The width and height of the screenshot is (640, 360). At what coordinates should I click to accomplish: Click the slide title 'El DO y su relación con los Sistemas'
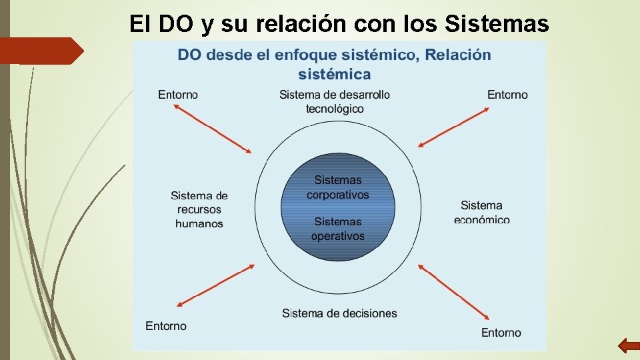(x=339, y=24)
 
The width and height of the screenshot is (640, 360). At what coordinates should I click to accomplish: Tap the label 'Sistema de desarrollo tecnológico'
(x=335, y=101)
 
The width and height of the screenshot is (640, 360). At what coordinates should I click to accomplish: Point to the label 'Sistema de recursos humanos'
(x=199, y=209)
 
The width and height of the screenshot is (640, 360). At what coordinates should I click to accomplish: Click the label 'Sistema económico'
(x=482, y=212)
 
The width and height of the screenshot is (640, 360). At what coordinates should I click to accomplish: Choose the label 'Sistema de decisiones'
(x=339, y=313)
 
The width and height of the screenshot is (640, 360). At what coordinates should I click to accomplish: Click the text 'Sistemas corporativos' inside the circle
(x=337, y=187)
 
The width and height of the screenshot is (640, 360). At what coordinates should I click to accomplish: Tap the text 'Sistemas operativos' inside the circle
(x=337, y=229)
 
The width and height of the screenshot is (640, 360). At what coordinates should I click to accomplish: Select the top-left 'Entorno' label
(x=178, y=95)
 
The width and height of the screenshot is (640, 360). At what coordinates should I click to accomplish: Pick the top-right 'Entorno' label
(x=507, y=95)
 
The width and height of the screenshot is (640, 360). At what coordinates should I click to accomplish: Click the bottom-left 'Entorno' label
(x=166, y=326)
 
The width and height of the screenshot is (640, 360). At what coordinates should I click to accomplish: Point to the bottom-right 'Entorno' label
(x=501, y=332)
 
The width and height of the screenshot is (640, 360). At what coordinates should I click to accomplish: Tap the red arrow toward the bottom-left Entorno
(x=215, y=286)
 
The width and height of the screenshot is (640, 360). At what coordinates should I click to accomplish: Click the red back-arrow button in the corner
(x=629, y=345)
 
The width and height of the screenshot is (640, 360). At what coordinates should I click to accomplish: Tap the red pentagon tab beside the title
(x=41, y=51)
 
